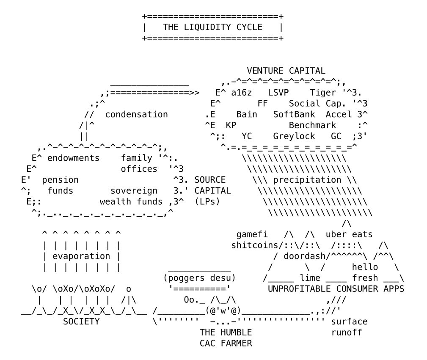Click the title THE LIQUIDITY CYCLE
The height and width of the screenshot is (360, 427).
(x=212, y=27)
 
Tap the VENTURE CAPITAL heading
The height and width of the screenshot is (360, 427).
(x=286, y=71)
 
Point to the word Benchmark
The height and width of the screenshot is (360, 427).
(x=312, y=125)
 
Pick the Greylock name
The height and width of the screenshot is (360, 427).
(x=294, y=136)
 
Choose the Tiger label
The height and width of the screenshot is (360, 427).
(x=322, y=93)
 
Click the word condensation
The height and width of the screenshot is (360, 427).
(x=136, y=114)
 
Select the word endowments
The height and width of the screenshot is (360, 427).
(x=73, y=158)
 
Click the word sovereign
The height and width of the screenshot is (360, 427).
(x=134, y=191)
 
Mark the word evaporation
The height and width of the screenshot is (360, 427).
(x=81, y=256)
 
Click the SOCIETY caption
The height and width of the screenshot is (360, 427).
(x=81, y=322)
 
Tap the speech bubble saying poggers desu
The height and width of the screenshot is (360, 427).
(x=199, y=278)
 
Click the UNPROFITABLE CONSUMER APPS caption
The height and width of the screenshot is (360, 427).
(x=336, y=289)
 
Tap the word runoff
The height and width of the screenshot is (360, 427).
(x=346, y=333)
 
